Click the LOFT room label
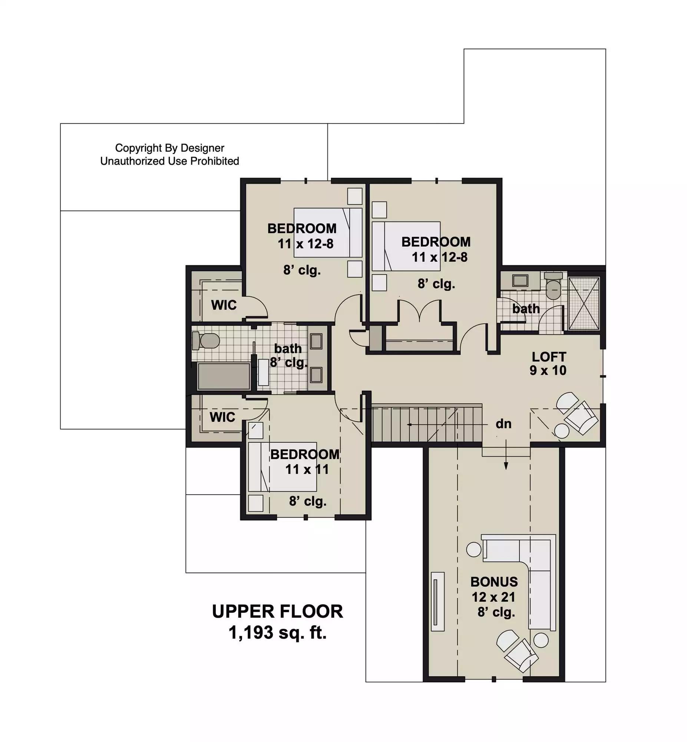point(549,357)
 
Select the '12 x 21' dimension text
point(493,597)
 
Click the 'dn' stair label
point(503,424)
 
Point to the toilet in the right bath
point(554,286)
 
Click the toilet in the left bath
point(205,341)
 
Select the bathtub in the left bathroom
point(224,376)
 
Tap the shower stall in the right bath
point(584,303)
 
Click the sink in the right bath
point(520,280)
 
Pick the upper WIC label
point(224,305)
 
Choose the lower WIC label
point(222,417)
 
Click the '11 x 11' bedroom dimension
point(307,469)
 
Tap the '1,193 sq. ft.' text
point(277,632)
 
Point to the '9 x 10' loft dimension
point(548,370)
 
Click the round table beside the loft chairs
point(562,431)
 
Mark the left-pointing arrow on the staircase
point(447,424)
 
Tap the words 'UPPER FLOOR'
point(277,611)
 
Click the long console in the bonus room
point(437,601)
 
